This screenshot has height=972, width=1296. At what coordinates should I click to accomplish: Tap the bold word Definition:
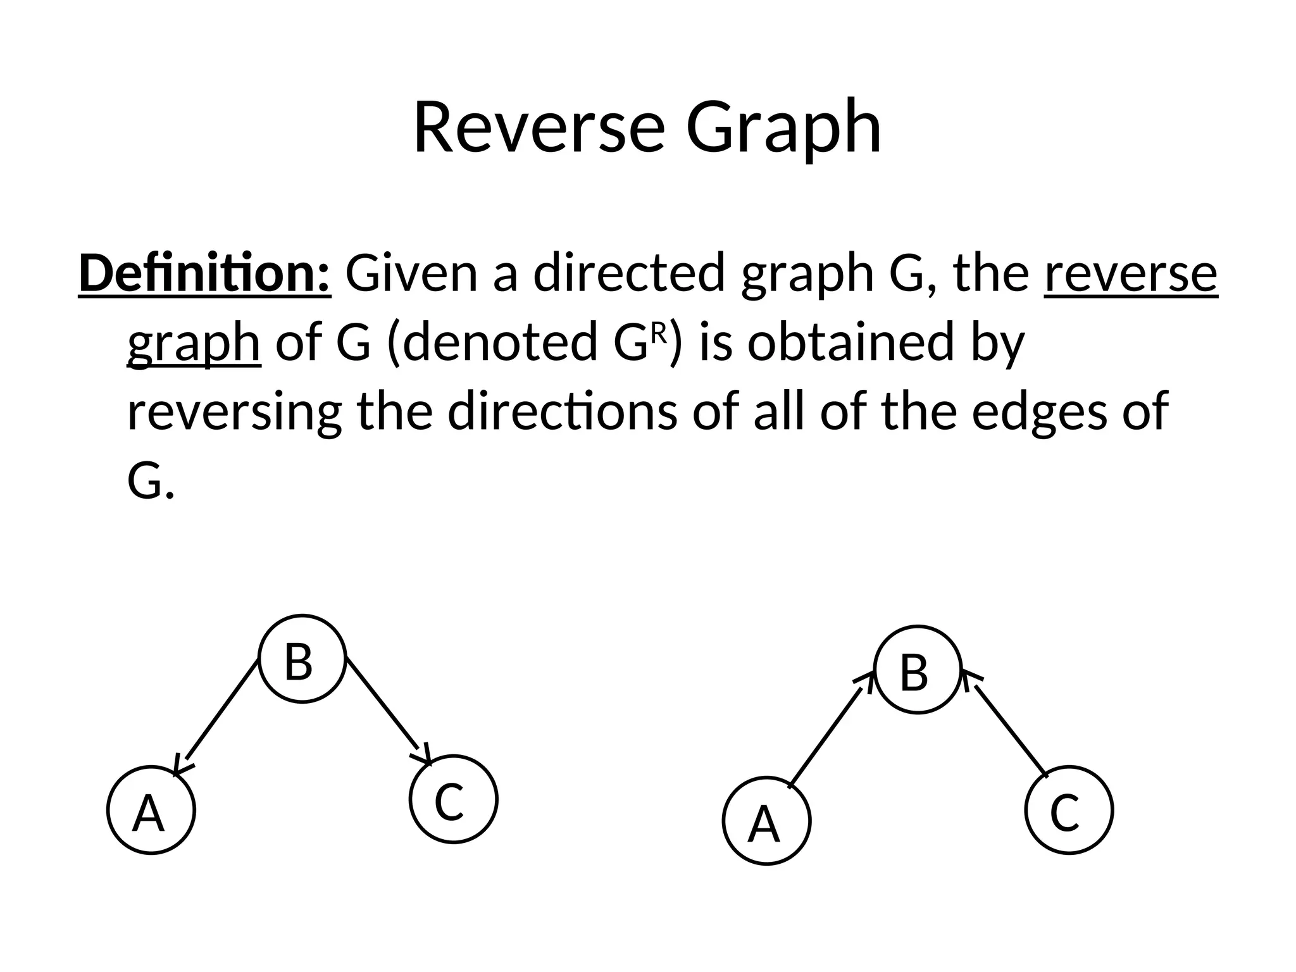[204, 273]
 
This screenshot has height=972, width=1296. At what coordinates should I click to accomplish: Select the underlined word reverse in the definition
[1130, 273]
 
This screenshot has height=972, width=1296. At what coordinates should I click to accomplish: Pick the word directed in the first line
[628, 273]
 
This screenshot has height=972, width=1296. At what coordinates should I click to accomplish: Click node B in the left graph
[302, 659]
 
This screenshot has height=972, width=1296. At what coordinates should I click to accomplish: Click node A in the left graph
[151, 810]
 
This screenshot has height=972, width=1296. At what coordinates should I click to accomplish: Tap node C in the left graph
[453, 799]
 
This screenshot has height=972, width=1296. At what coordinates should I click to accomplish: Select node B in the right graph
[918, 670]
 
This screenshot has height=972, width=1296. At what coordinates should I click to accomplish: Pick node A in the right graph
[766, 821]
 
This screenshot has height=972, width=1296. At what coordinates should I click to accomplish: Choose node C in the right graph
[1068, 810]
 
